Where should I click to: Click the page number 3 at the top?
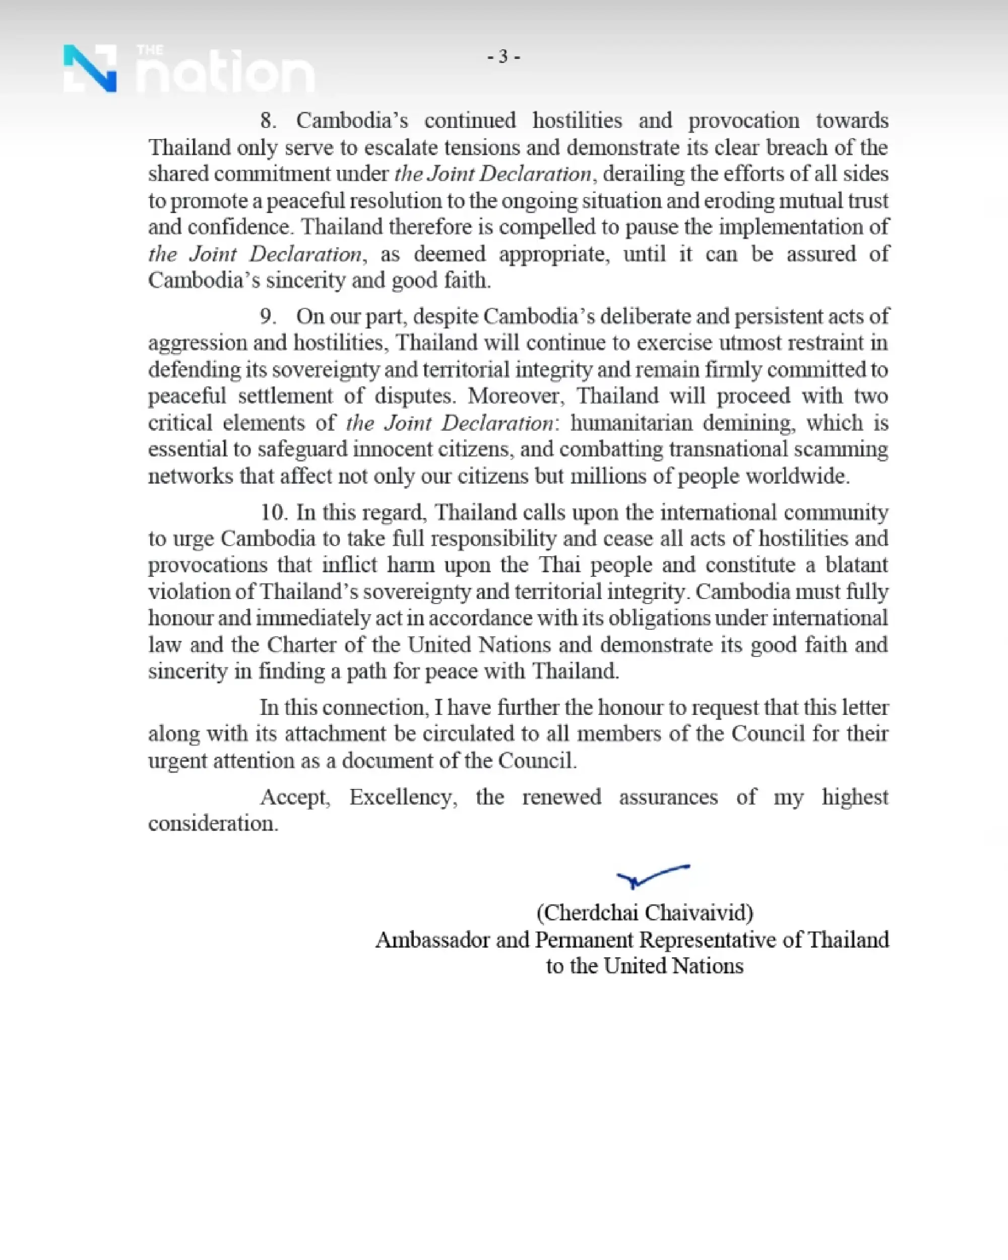503,57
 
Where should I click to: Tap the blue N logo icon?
90,69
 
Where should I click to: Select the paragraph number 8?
268,121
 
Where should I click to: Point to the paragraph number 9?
268,317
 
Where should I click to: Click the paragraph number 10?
273,512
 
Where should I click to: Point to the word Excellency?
403,797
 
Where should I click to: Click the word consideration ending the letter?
213,824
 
